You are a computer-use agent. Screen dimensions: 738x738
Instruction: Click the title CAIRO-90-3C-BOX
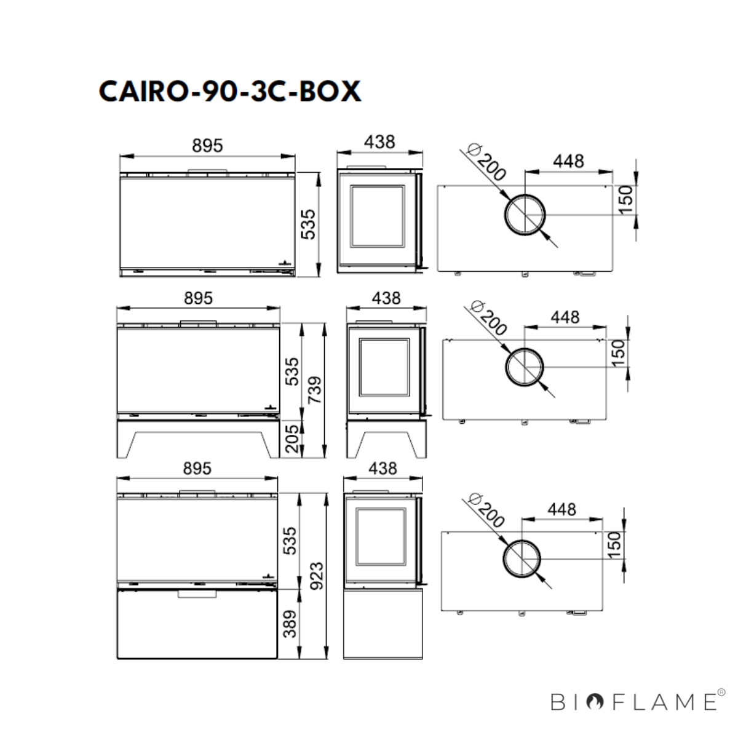(x=230, y=91)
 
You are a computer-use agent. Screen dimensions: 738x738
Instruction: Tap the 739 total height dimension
(x=315, y=389)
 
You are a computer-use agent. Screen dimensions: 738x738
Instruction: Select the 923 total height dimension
(x=317, y=576)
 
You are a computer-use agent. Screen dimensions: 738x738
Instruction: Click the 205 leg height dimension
(x=292, y=438)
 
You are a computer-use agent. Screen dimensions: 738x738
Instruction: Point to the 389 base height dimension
(x=290, y=624)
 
